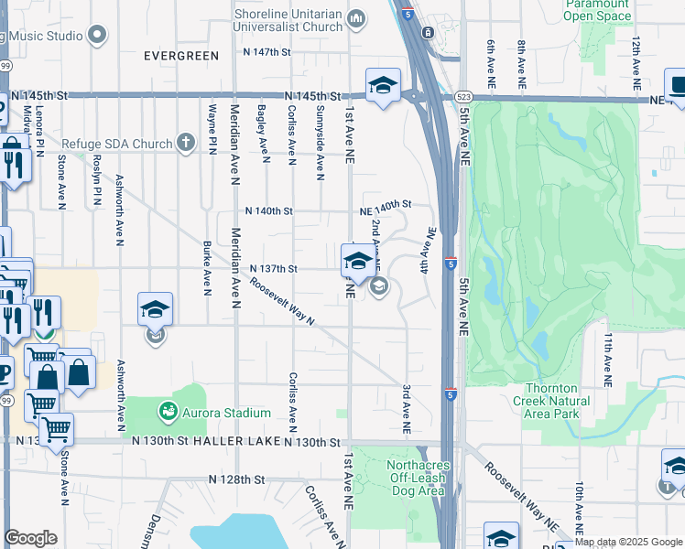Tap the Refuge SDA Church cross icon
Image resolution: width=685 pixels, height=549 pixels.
coord(186,143)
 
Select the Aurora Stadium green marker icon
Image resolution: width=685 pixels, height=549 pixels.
coord(168,413)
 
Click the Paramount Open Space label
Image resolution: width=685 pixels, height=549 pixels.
coord(597,10)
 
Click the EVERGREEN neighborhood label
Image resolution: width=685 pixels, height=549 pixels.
coord(181,56)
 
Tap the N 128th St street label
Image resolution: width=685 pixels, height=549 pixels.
coord(236,479)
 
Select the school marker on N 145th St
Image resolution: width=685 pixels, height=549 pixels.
coord(383,86)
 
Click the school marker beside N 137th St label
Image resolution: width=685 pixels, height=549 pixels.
coord(357,261)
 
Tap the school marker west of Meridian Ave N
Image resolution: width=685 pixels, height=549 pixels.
coord(155,309)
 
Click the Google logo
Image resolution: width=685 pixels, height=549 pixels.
coord(31,537)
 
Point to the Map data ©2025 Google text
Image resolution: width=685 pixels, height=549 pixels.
coord(628,542)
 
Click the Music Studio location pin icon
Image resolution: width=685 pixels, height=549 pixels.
coord(98,35)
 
